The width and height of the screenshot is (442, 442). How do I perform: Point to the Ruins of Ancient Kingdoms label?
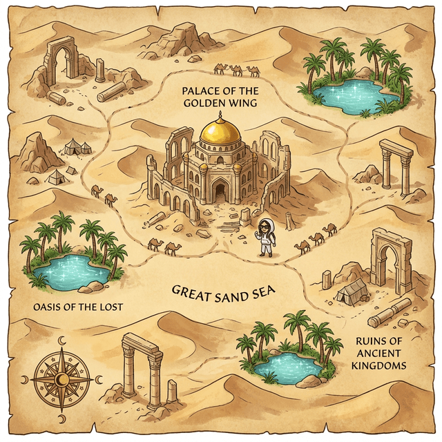click(379, 353)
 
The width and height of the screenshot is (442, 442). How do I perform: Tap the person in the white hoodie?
click(265, 238)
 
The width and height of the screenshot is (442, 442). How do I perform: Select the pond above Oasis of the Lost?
click(69, 269)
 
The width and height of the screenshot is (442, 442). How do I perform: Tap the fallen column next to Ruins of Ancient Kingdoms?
click(390, 313)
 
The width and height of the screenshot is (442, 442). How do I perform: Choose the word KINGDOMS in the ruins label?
click(379, 365)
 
